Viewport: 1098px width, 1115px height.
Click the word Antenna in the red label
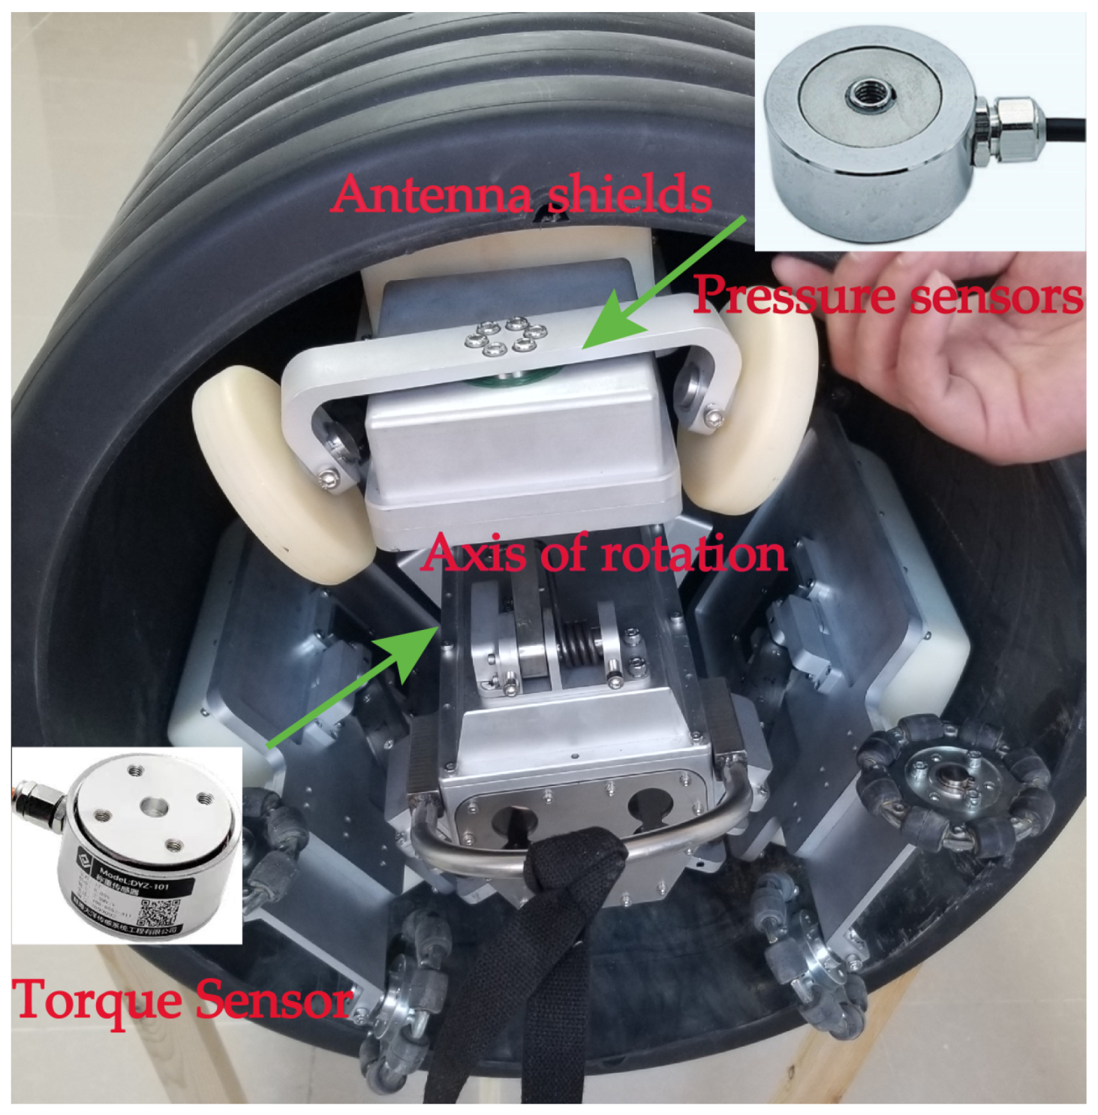click(x=432, y=194)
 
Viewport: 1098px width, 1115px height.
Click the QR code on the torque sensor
click(x=159, y=910)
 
